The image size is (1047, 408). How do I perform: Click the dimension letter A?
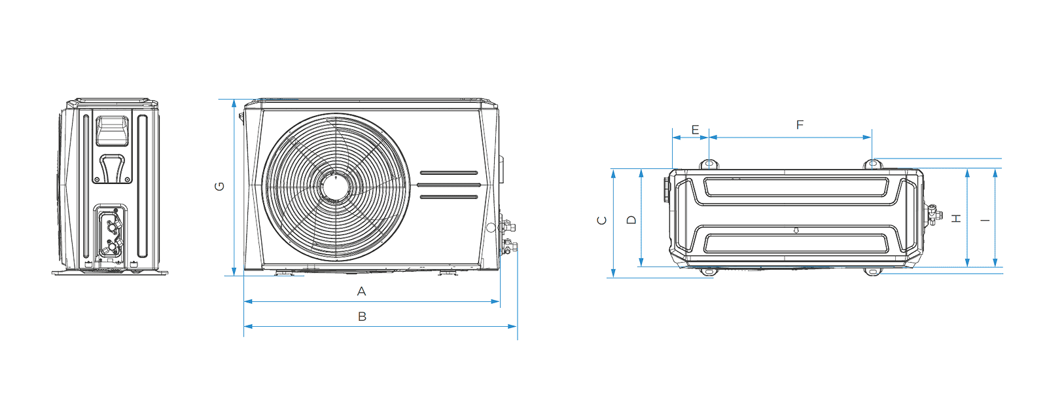click(x=361, y=291)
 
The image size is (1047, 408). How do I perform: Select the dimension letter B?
click(x=362, y=316)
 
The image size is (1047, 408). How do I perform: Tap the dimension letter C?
click(x=602, y=221)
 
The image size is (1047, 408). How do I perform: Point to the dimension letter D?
click(x=631, y=220)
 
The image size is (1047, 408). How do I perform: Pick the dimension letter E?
click(x=695, y=130)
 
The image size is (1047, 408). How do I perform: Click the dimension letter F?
click(x=800, y=124)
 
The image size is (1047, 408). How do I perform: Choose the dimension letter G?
click(x=220, y=187)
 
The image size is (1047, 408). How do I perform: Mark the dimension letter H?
click(x=957, y=218)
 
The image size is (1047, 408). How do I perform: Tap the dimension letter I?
click(x=985, y=220)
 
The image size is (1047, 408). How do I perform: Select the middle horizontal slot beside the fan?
click(x=449, y=185)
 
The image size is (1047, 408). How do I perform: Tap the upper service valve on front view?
click(x=506, y=227)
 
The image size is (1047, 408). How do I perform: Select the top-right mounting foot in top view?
click(x=872, y=164)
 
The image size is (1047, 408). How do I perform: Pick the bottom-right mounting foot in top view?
click(x=872, y=272)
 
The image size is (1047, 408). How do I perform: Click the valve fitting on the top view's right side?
click(x=932, y=214)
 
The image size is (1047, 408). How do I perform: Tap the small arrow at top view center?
click(x=796, y=230)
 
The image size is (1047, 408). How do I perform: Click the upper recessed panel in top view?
click(x=796, y=187)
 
